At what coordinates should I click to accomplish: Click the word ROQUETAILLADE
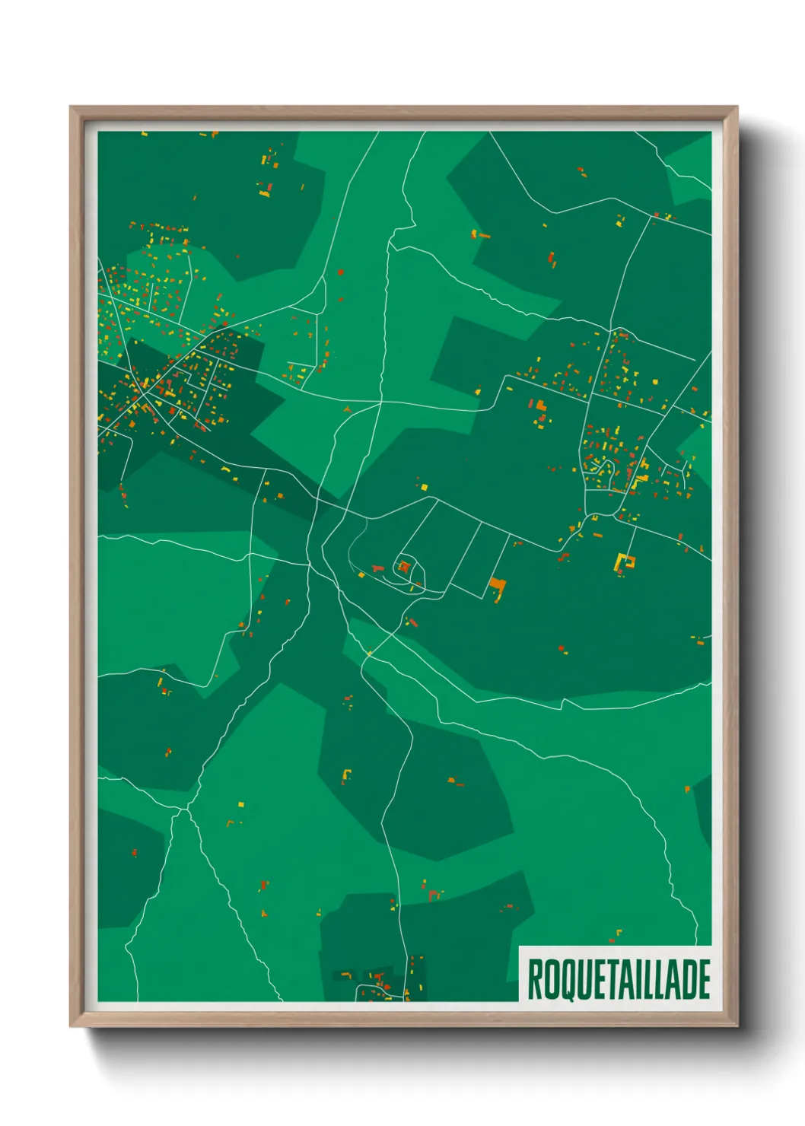click(x=618, y=979)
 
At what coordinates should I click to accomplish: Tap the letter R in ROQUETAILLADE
click(x=535, y=979)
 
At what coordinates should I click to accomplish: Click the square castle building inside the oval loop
click(x=405, y=566)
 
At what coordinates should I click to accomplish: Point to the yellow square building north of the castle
click(x=424, y=486)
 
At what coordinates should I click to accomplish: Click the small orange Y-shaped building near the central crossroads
click(x=347, y=409)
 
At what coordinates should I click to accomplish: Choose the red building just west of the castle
click(x=377, y=568)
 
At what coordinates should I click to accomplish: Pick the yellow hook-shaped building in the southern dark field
click(x=346, y=775)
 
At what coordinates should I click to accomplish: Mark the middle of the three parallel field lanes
click(x=466, y=553)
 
